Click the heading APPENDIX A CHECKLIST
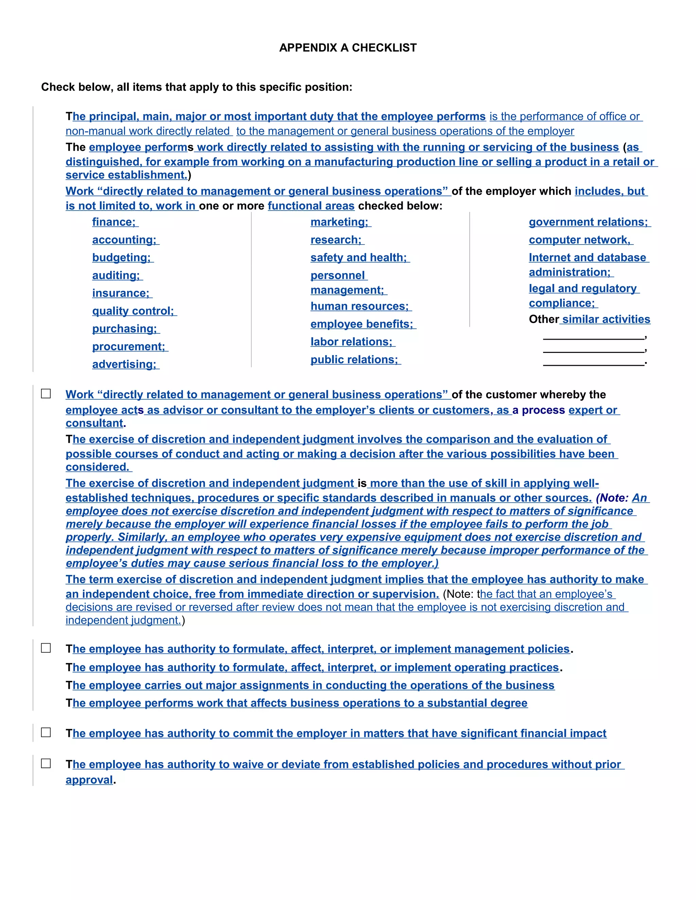348,48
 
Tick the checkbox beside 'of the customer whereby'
46,394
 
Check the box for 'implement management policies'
46,648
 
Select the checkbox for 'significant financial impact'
46,732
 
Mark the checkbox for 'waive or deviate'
46,763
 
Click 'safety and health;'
359,257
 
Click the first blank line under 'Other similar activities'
593,336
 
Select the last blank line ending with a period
593,363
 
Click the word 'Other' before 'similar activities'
544,319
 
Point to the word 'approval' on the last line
89,780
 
